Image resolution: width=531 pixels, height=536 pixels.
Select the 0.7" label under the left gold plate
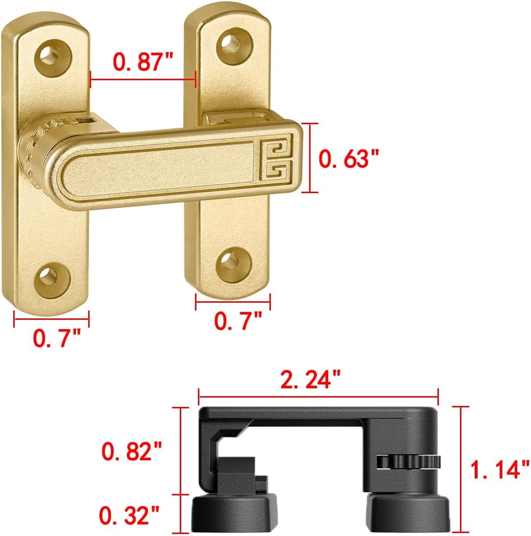(x=56, y=338)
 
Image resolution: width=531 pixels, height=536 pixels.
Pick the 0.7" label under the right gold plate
(x=239, y=321)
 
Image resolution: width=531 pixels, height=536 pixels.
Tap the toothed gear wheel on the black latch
(x=408, y=461)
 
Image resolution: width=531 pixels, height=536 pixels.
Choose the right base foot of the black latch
(x=408, y=512)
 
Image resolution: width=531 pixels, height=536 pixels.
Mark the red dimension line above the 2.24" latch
(x=318, y=390)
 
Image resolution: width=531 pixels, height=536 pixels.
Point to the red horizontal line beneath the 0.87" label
(x=143, y=78)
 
